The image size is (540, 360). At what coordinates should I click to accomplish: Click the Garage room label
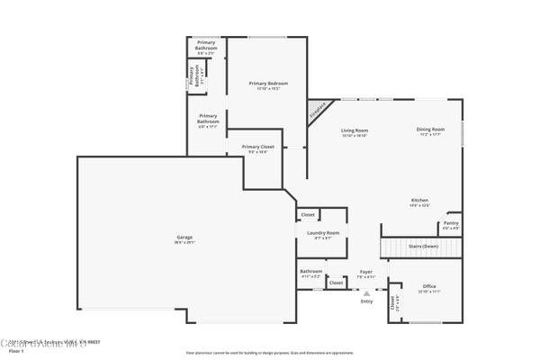184,238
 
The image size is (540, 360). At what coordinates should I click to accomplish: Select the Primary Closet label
258,146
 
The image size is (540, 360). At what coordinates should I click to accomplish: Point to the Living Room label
355,130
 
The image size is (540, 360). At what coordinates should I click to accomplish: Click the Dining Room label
429,130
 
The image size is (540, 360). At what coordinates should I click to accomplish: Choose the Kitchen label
419,200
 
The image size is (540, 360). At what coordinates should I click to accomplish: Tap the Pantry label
451,222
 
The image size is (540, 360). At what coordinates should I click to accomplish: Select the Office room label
429,286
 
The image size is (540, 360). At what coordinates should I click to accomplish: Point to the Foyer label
366,270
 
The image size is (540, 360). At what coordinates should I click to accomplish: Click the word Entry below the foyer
366,301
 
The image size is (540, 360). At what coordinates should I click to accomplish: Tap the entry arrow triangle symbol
366,293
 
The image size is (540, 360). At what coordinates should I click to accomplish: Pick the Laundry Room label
322,232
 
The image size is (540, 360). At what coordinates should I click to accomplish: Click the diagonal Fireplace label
318,111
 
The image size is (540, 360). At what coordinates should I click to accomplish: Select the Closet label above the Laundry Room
308,215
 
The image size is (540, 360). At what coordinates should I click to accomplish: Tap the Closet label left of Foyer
336,283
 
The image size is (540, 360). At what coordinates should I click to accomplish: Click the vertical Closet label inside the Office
392,306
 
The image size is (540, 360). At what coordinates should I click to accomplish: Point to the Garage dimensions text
184,242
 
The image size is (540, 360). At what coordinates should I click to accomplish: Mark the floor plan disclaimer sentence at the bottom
269,353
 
